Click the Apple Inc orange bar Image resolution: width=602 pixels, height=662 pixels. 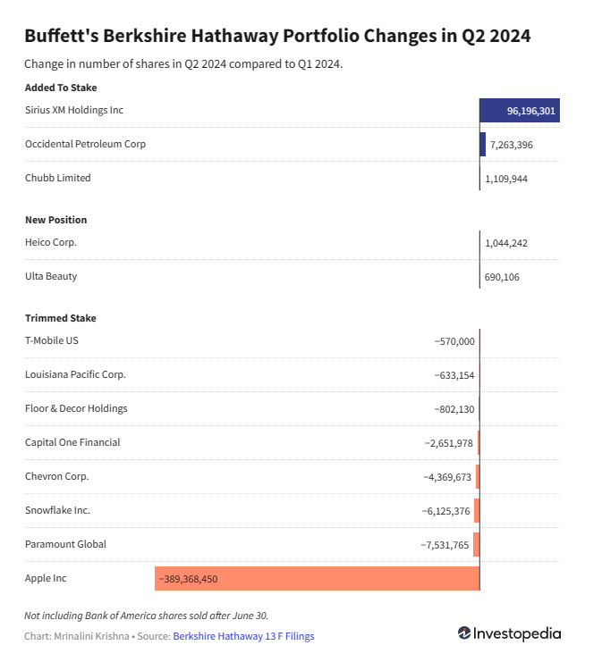pyautogui.click(x=317, y=578)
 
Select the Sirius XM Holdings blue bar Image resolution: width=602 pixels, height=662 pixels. pyautogui.click(x=520, y=110)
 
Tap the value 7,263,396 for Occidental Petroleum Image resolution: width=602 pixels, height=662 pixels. pyautogui.click(x=511, y=144)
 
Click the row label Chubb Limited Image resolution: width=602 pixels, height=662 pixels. pyautogui.click(x=58, y=178)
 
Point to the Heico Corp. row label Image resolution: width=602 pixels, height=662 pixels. pyautogui.click(x=52, y=242)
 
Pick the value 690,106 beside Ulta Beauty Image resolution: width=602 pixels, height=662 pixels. pyautogui.click(x=502, y=277)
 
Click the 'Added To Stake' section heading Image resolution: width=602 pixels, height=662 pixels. pyautogui.click(x=61, y=88)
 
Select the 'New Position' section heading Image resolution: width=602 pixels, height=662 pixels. pyautogui.click(x=56, y=220)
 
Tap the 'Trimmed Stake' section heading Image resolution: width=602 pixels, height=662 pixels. pyautogui.click(x=61, y=318)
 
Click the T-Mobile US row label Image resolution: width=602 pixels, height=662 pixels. pyautogui.click(x=53, y=340)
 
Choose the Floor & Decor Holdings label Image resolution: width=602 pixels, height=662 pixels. pyautogui.click(x=76, y=408)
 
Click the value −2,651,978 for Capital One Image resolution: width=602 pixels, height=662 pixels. pyautogui.click(x=448, y=443)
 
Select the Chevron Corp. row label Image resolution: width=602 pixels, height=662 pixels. pyautogui.click(x=57, y=476)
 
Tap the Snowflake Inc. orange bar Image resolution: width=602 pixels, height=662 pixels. pyautogui.click(x=477, y=510)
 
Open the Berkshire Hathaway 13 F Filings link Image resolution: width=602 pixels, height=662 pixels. pyautogui.click(x=243, y=636)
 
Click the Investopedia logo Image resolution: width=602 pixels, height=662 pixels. pyautogui.click(x=509, y=633)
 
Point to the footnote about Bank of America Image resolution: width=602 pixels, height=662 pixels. pyautogui.click(x=147, y=615)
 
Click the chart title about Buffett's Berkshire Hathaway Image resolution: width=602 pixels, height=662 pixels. pyautogui.click(x=277, y=37)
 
